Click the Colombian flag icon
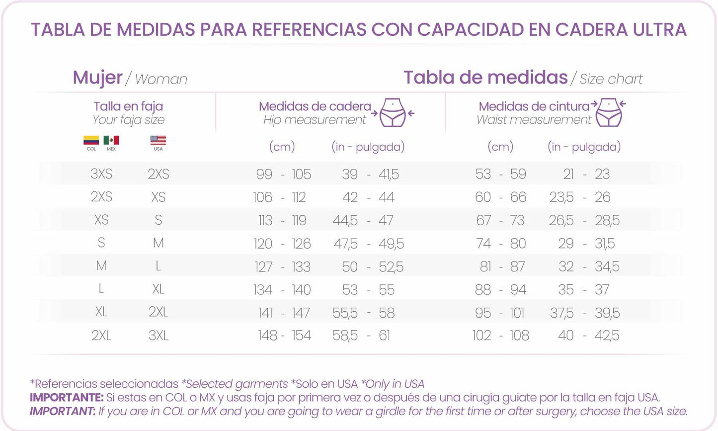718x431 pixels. tap(91, 140)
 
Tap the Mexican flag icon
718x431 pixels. tap(111, 140)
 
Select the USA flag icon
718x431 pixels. tap(158, 140)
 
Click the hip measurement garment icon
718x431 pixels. tap(393, 112)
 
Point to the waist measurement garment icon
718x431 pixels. tap(609, 112)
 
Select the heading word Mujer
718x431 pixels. tap(97, 78)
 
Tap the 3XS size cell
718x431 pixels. tap(101, 174)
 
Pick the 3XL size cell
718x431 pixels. tap(159, 336)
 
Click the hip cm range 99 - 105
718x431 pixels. tap(283, 174)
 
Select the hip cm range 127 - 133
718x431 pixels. tap(282, 267)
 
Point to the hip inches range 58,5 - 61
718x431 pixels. tap(361, 336)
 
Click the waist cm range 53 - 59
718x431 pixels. tap(500, 174)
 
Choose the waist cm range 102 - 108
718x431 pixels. tap(500, 336)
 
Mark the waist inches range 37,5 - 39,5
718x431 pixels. tap(585, 313)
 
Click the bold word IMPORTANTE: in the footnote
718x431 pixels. tap(67, 398)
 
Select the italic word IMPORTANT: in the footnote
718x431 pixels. tap(63, 412)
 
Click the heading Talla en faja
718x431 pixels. tap(128, 106)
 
